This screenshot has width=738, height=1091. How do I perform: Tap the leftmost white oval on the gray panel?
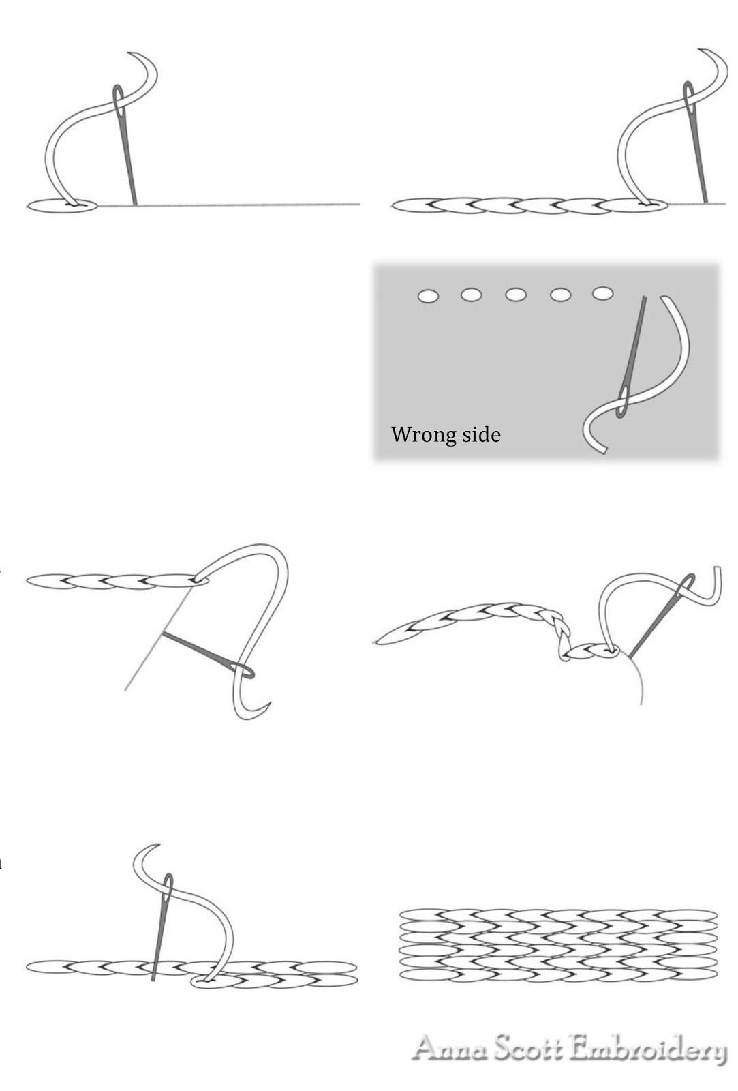[428, 296]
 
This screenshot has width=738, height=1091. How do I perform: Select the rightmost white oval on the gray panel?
[602, 293]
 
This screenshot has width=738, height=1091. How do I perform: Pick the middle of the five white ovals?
[516, 295]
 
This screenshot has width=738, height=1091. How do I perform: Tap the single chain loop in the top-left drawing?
[63, 206]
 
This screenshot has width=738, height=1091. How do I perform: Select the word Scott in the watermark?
[529, 1048]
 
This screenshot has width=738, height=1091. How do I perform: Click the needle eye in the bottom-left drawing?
[168, 889]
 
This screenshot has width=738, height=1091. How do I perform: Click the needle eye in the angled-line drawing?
[241, 670]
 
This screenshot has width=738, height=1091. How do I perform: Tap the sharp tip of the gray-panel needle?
[645, 297]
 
